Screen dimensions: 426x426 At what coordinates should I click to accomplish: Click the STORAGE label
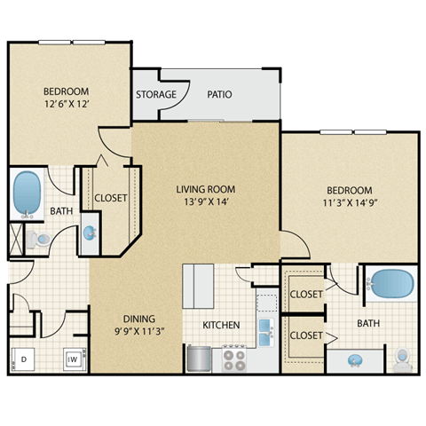pos(155,94)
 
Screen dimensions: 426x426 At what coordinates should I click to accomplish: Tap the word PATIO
pos(220,94)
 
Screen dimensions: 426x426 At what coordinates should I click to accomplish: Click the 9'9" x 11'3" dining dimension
pos(139,332)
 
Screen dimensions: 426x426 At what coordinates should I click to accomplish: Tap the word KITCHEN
pos(221,326)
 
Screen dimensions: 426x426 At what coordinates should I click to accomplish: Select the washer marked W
pos(71,359)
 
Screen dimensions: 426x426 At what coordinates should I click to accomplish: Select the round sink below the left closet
pos(91,233)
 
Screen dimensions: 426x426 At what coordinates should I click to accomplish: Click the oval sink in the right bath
pos(355,360)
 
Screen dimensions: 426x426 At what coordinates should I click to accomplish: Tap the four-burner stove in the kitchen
pos(234,359)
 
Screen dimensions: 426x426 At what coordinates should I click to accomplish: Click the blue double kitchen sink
pos(265,329)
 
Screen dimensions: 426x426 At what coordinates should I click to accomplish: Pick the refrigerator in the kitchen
pos(198,285)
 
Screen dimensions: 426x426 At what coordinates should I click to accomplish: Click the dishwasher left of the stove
pos(199,359)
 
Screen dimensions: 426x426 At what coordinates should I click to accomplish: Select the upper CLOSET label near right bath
pos(306,294)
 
